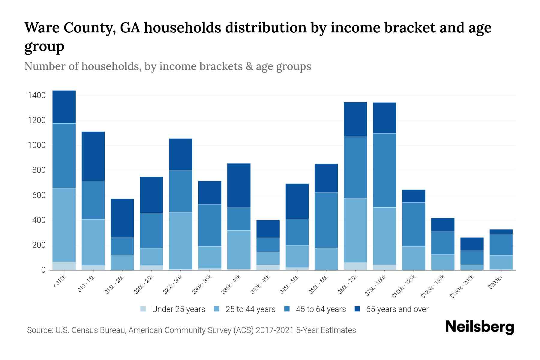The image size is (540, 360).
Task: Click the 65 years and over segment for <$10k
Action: coord(64,107)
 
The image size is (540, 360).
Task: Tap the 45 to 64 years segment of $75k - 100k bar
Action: coord(384,170)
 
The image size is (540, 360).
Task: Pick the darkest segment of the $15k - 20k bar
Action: coord(122,218)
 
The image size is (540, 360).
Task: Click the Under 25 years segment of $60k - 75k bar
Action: coord(355,266)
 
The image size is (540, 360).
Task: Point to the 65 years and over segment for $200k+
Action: coord(501,232)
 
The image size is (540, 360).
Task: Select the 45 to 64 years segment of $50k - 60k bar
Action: coord(326,220)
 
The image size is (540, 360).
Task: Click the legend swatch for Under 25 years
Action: coord(143,309)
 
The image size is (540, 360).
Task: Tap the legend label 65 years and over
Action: coord(397,309)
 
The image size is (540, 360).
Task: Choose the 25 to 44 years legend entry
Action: coord(250,309)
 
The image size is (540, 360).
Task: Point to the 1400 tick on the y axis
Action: coord(37,95)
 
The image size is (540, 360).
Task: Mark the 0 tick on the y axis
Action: coord(43,270)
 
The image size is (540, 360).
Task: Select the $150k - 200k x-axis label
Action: coord(462,286)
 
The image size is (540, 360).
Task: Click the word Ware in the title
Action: coord(41,28)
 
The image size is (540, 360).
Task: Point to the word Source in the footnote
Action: coord(39,330)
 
